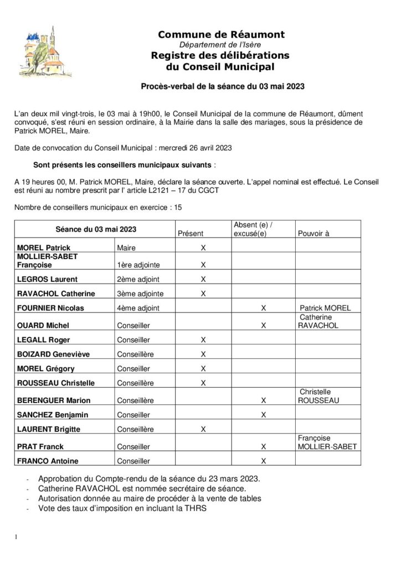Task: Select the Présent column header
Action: [191, 234]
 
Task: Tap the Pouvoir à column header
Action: [313, 234]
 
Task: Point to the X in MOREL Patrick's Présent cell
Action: [203, 248]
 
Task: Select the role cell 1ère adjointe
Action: [135, 265]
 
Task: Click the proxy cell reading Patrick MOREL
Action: [325, 308]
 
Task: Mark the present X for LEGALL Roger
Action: [203, 339]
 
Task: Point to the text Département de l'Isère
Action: [221, 44]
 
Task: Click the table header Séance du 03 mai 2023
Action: [96, 229]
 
